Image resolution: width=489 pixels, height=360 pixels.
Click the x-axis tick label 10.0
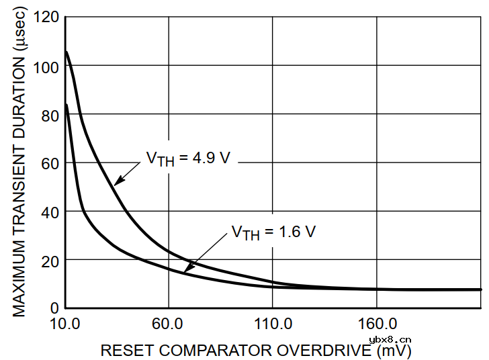pos(64,323)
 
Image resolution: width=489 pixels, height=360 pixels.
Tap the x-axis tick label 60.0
pos(168,323)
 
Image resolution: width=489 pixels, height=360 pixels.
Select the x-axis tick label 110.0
pos(272,323)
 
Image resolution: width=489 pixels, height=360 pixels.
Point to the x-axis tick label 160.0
pos(376,323)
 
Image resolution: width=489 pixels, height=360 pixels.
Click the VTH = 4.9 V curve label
pos(188,159)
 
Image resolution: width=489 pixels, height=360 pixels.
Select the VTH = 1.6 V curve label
pos(273,232)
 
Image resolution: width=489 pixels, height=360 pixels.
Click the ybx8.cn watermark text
pos(390,341)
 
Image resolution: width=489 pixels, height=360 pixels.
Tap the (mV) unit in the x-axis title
pos(394,351)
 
